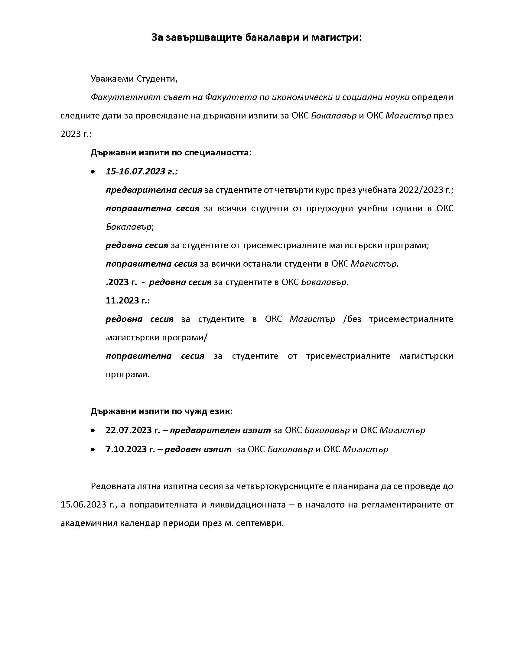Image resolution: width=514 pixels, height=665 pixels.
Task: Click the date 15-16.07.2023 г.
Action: pos(141,171)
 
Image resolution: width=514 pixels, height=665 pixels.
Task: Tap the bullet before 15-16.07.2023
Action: pos(93,172)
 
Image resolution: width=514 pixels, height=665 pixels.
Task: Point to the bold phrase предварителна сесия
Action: pos(154,190)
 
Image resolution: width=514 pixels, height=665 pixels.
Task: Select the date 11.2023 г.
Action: pos(128,300)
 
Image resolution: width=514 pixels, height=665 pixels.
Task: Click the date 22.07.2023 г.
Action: pos(132,430)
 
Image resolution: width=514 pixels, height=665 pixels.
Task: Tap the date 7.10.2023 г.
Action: pos(130,449)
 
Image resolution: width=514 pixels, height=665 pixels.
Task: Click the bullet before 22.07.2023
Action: pos(93,431)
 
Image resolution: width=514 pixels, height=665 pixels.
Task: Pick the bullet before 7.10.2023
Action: pos(93,450)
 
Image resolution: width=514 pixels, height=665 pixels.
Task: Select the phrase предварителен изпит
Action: pos(220,430)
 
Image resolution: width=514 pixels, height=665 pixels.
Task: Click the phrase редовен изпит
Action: pos(198,449)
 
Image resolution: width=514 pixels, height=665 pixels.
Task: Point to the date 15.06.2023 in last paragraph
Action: pos(85,505)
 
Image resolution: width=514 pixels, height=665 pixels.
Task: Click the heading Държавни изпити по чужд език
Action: pos(161,412)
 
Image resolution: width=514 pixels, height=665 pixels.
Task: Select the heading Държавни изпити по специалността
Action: pos(171,153)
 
